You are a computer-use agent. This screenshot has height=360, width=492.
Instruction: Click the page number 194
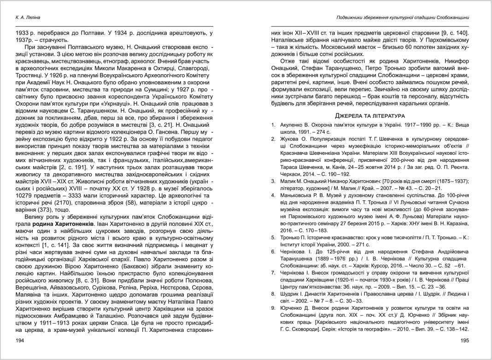tap(20, 341)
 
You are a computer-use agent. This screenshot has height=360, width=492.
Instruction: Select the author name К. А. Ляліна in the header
tap(28, 18)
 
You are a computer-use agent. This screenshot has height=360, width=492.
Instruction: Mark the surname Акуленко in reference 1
tap(292, 124)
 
